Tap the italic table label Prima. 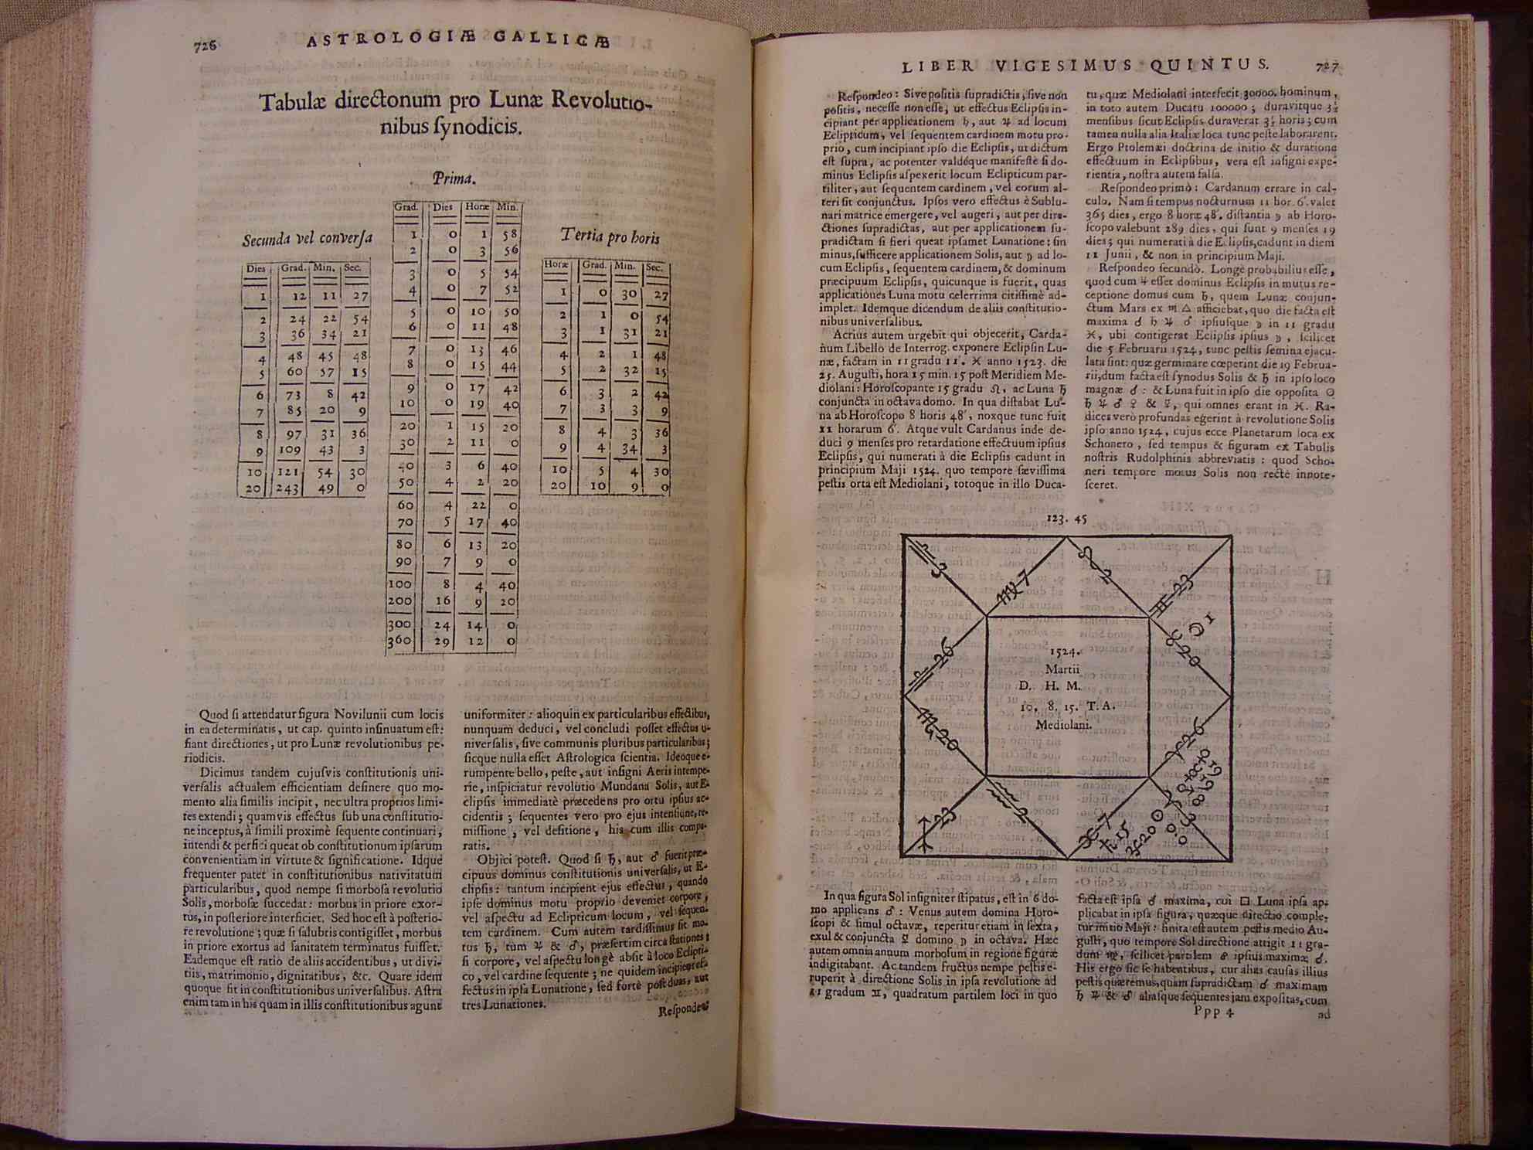pos(453,180)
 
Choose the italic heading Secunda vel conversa pos(307,239)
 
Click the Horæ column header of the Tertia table pos(556,265)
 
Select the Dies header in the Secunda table pos(256,269)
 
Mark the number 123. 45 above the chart pos(1066,519)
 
